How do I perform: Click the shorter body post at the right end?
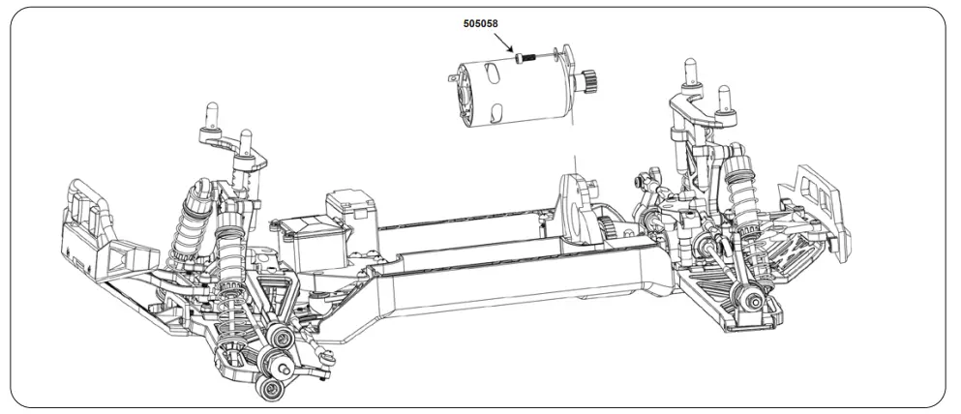click(x=722, y=95)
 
